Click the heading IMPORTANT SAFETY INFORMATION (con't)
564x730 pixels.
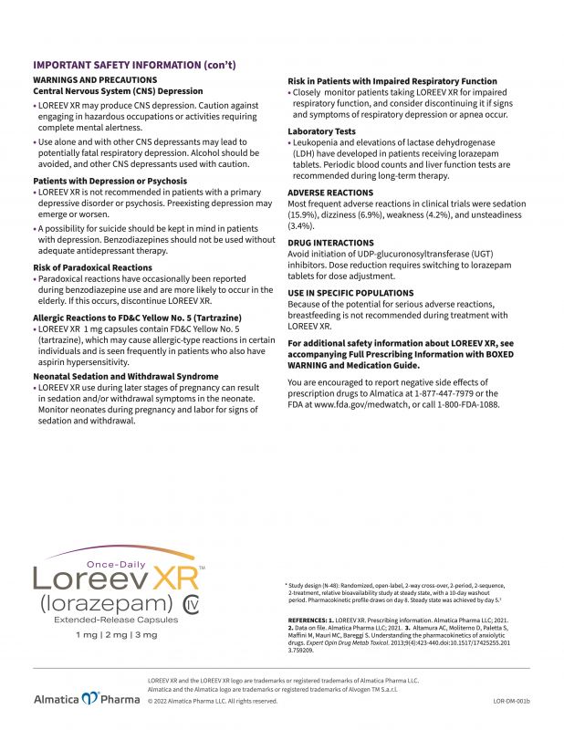point(134,65)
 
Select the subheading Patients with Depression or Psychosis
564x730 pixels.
point(104,182)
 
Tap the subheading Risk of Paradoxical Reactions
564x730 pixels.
point(92,267)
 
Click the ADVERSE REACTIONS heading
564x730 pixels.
point(330,193)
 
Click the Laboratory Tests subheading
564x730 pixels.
point(321,131)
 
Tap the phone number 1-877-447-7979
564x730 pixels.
point(442,392)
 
